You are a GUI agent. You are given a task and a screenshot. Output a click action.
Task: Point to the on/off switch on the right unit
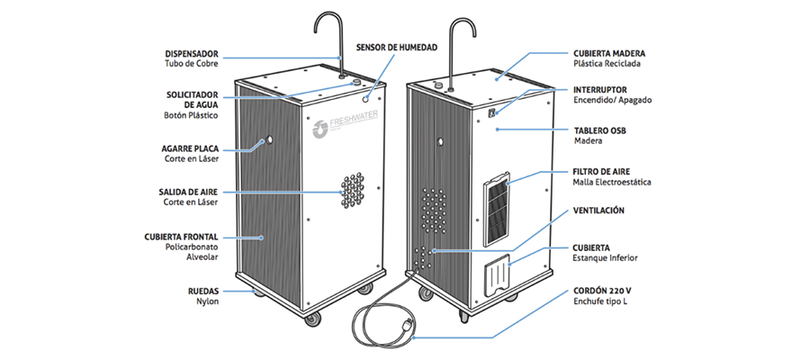(493, 114)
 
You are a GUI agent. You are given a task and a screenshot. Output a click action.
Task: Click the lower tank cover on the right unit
(496, 274)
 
